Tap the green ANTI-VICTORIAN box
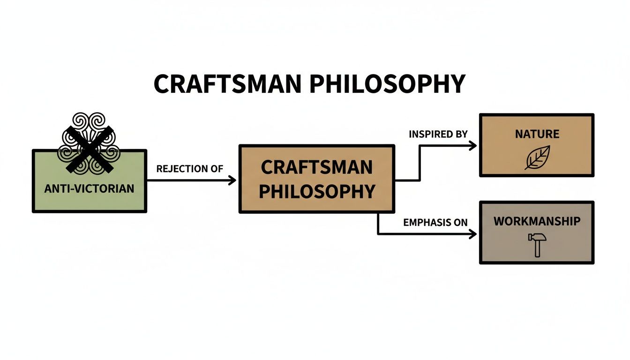pos(89,197)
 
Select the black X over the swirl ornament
pos(89,149)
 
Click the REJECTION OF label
pos(190,169)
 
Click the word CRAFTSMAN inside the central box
pos(316,167)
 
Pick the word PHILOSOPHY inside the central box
pos(317,191)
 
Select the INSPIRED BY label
pos(438,134)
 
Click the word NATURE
pos(537,134)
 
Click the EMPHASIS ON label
pos(435,223)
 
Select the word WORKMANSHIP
pos(537,221)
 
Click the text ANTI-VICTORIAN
pos(89,189)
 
